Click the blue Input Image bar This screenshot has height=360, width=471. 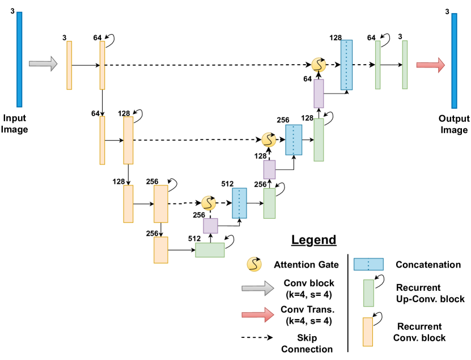(19, 59)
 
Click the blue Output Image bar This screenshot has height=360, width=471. (454, 61)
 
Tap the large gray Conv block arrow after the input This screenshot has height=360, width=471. (43, 64)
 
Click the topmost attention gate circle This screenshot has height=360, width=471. (319, 64)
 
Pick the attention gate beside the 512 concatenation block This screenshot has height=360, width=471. (209, 202)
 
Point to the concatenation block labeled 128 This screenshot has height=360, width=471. (346, 65)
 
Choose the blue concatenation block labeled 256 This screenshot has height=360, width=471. (294, 139)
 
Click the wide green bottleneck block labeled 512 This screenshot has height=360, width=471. (210, 250)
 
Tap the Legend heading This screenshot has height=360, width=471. (313, 240)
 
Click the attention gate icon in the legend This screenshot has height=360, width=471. (253, 264)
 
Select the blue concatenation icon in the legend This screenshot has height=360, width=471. (369, 264)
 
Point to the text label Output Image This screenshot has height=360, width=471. (453, 124)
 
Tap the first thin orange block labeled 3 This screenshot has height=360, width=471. (69, 65)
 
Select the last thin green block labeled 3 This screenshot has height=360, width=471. (405, 65)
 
